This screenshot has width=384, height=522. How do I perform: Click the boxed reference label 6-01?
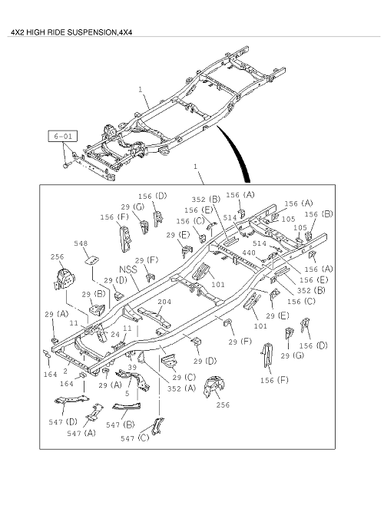coord(63,136)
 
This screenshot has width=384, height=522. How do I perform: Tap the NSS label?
coord(128,269)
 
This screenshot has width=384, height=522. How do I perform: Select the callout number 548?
coord(81,243)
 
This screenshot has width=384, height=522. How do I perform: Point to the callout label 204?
coord(164,302)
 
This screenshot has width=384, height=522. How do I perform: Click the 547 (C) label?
coord(135,438)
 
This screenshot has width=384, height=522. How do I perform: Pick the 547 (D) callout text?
coord(63,421)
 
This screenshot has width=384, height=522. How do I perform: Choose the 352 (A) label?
coord(181,388)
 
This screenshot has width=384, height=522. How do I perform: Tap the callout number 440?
coord(249,253)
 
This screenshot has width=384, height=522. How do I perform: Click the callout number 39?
coord(132,367)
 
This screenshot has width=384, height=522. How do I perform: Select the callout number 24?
coord(115,334)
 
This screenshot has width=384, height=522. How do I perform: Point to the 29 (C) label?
coord(184,377)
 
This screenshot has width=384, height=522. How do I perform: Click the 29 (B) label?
coord(94,294)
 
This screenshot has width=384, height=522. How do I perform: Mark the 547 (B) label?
coord(121,425)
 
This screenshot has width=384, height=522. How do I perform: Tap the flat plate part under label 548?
coord(93,259)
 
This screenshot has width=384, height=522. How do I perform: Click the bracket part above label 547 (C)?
coord(157,426)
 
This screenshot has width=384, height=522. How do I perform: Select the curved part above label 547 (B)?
coord(127,406)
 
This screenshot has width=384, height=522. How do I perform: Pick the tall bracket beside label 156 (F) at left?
coord(125,239)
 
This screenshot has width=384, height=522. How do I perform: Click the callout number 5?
coord(127,394)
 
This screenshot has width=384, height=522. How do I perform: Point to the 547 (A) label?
coord(81,433)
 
